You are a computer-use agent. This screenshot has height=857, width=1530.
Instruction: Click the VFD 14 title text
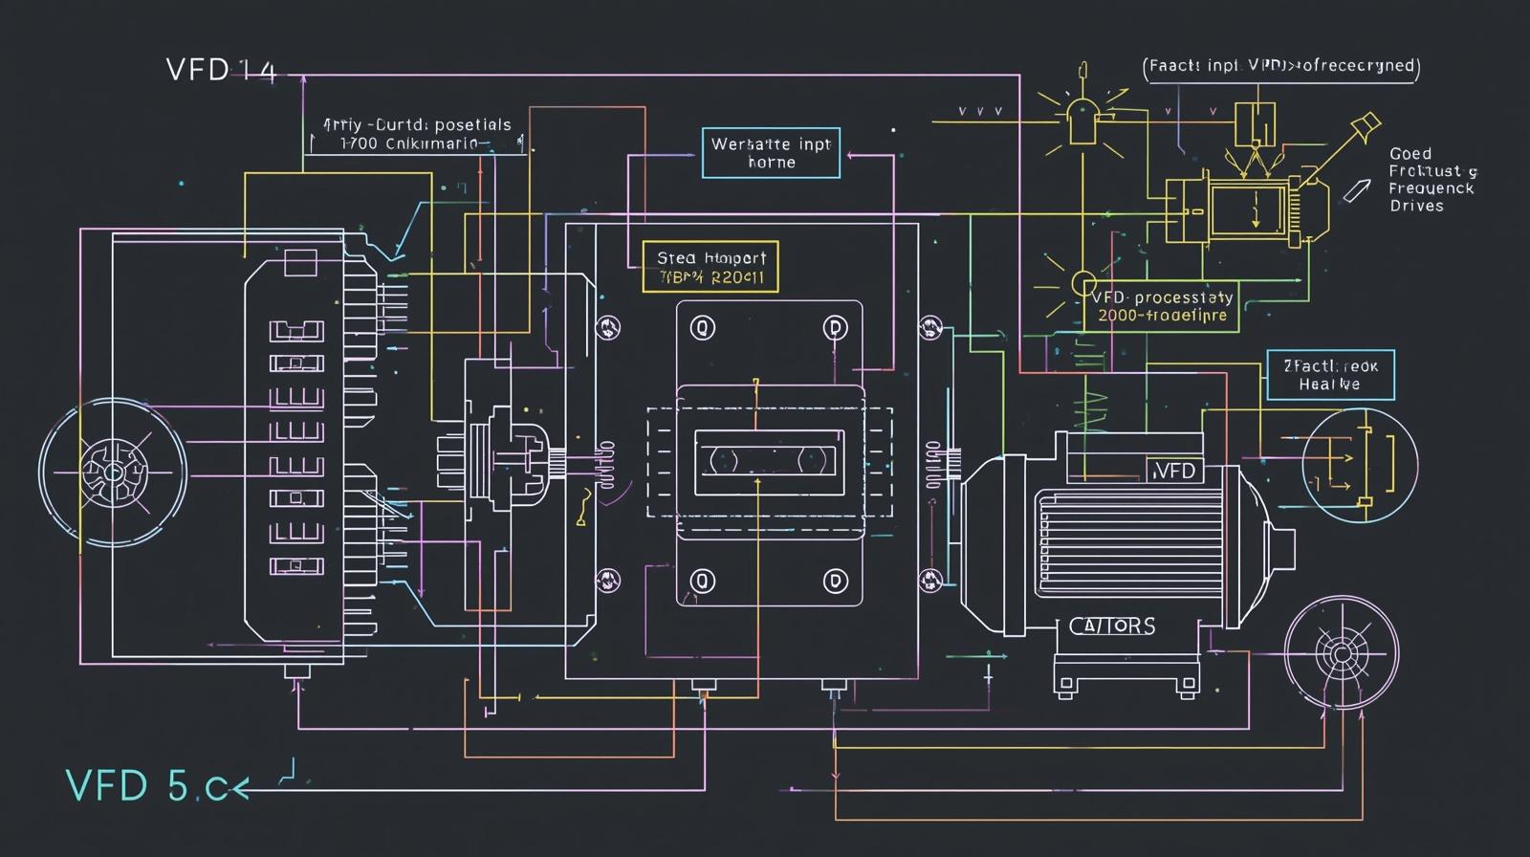click(x=221, y=70)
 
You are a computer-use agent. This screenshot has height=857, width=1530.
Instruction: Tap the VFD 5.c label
click(x=149, y=786)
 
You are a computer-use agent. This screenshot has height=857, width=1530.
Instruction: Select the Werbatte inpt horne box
click(x=771, y=153)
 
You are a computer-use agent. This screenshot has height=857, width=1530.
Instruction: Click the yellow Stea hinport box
click(x=710, y=267)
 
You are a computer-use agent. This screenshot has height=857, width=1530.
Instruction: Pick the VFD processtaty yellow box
click(x=1161, y=306)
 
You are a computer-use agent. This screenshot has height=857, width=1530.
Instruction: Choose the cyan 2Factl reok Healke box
click(x=1330, y=374)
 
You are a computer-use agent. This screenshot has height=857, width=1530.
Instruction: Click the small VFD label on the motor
click(x=1174, y=471)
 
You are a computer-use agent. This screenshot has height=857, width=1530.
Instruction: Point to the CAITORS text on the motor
click(x=1111, y=626)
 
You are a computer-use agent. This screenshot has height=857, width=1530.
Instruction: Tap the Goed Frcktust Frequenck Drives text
click(x=1431, y=180)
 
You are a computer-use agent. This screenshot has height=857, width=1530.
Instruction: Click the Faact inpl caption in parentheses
click(x=1280, y=66)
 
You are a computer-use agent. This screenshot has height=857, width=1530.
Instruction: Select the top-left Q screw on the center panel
click(x=703, y=328)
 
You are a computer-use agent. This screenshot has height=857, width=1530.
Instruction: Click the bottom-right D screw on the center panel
click(x=836, y=581)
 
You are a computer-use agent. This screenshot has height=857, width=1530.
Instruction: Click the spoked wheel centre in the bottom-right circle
click(x=1340, y=653)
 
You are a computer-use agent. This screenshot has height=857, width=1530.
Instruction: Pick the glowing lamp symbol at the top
click(x=1082, y=120)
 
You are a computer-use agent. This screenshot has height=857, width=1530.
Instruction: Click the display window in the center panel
click(x=769, y=462)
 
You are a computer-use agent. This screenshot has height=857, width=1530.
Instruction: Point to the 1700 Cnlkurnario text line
click(x=409, y=144)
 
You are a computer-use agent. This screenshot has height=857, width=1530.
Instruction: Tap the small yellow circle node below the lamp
click(x=1083, y=283)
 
